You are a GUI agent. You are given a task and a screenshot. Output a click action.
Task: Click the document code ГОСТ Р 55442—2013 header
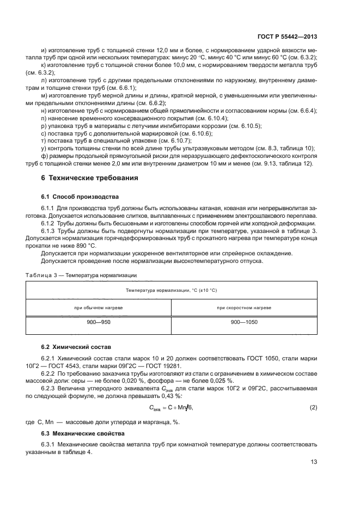tap(288, 36)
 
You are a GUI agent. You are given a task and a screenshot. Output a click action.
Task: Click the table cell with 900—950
tap(99, 323)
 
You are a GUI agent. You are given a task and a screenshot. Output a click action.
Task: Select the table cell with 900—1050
tap(243, 323)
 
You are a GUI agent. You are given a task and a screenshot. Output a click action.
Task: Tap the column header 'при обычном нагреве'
tap(99, 308)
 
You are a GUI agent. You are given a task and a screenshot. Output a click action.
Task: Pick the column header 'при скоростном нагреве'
tap(243, 308)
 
